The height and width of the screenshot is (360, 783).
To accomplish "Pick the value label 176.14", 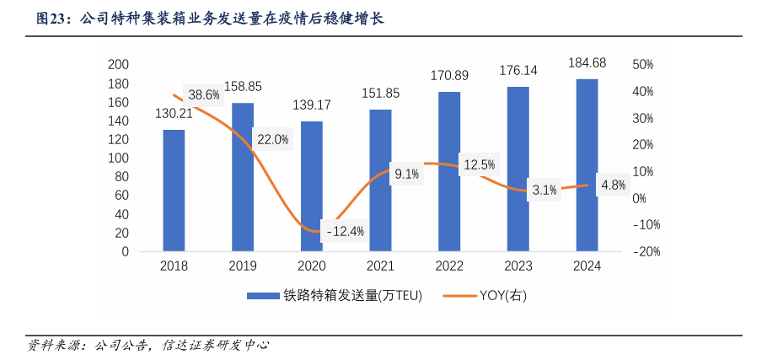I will tap(518, 71).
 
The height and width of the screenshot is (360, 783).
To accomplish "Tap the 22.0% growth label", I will tap(272, 139).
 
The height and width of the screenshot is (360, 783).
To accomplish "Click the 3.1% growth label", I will tap(544, 190).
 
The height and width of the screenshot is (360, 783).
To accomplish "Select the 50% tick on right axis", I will tap(643, 65).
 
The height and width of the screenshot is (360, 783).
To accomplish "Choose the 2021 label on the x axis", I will tap(380, 266).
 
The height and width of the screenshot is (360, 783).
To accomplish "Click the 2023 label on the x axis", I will tap(518, 266).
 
